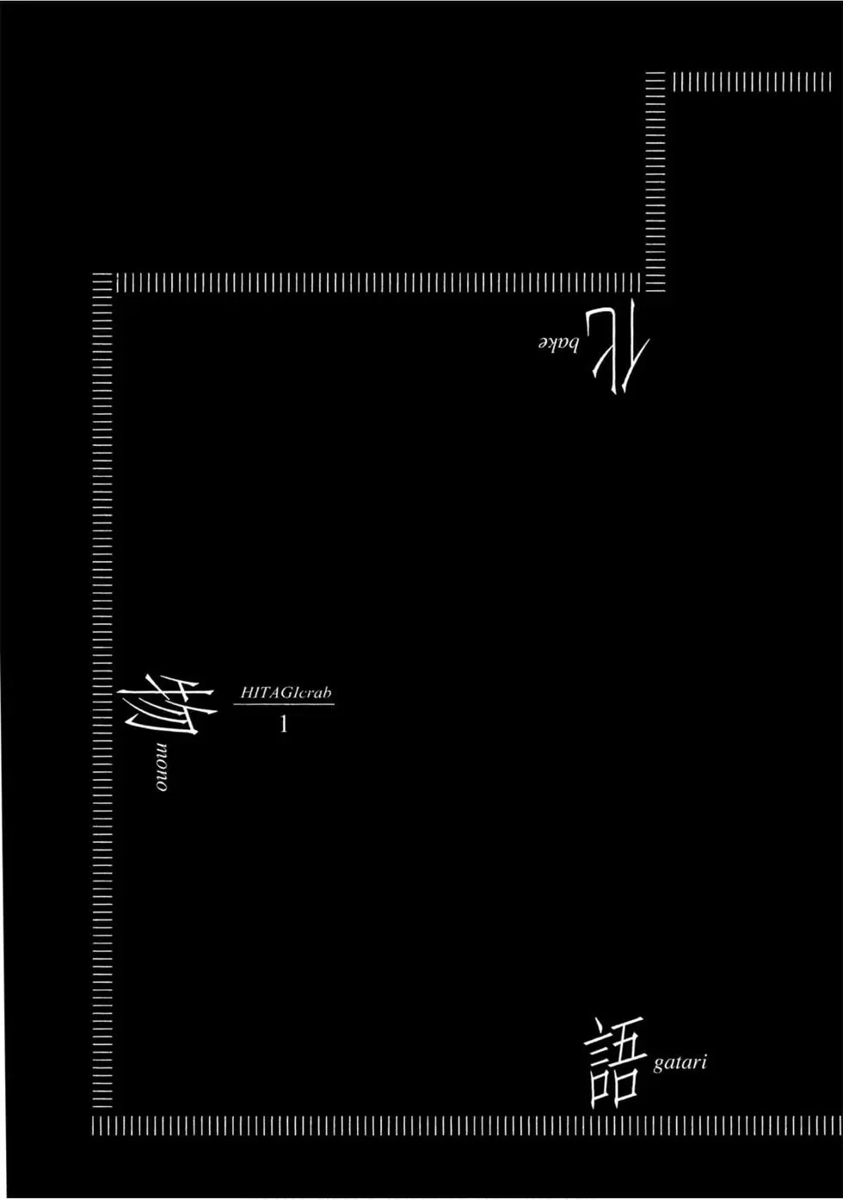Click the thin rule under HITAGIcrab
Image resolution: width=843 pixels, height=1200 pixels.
click(284, 704)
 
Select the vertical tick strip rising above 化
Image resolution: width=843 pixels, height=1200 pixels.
click(656, 182)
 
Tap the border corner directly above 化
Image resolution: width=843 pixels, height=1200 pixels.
click(656, 283)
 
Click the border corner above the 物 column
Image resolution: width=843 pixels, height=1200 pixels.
click(102, 283)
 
